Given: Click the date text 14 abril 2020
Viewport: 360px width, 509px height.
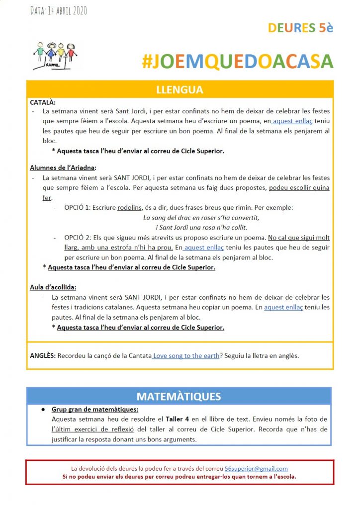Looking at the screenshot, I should [x=59, y=10].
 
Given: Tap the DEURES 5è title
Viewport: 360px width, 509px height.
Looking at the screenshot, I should [x=300, y=27].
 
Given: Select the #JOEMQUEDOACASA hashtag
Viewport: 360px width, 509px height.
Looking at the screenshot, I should [x=237, y=61].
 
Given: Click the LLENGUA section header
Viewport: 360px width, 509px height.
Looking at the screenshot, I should [x=180, y=90].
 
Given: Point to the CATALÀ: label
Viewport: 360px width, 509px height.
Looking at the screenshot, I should [x=43, y=102].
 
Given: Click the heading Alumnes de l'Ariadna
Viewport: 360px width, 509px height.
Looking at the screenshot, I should [x=63, y=168].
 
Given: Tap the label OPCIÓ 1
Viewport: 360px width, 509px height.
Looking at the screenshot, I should [x=79, y=207].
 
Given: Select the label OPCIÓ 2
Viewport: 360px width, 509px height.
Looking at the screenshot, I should [x=79, y=238].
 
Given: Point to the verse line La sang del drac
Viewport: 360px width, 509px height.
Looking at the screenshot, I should [x=201, y=218].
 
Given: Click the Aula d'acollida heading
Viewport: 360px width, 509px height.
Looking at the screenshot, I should [x=53, y=287].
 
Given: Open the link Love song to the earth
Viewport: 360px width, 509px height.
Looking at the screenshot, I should [x=186, y=356].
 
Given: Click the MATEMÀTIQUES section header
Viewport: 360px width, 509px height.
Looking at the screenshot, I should [x=179, y=396].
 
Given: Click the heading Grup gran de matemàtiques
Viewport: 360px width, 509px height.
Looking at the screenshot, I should [x=95, y=410].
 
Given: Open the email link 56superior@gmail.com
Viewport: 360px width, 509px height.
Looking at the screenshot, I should [x=256, y=468].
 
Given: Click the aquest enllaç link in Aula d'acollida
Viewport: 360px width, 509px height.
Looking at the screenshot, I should [x=283, y=307].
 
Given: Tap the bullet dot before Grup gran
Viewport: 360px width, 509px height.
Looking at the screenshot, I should [x=43, y=410].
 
